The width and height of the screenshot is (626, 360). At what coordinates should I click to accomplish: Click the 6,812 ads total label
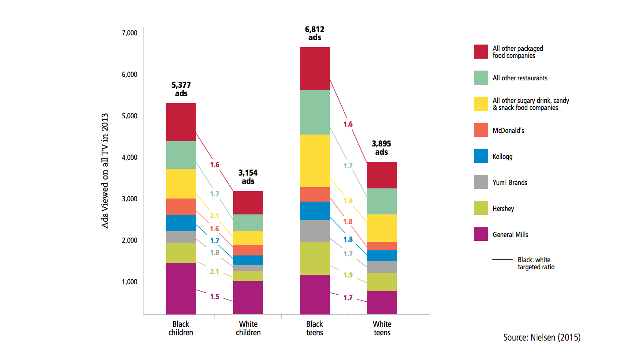(314, 34)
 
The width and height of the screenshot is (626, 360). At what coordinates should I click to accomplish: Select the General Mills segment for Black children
(181, 288)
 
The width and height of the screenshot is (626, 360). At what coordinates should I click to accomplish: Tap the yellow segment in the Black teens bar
(314, 161)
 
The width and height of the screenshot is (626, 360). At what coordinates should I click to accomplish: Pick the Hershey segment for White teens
(381, 282)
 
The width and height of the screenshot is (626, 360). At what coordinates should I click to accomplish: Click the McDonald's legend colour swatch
(481, 130)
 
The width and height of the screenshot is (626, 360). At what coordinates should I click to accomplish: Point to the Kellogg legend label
(503, 157)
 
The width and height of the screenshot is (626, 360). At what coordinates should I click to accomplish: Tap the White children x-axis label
(248, 329)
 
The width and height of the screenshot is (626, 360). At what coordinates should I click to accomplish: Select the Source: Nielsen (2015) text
(542, 337)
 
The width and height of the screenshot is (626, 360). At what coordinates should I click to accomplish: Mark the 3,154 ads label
(248, 177)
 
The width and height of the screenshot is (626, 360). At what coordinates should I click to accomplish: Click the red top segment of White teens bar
(381, 175)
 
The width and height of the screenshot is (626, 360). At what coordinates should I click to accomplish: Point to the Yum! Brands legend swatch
(481, 182)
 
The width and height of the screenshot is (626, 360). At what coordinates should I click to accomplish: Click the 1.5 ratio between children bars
(214, 296)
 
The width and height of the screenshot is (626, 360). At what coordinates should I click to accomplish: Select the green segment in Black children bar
(181, 155)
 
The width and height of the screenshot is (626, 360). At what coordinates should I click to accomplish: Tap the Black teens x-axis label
(314, 329)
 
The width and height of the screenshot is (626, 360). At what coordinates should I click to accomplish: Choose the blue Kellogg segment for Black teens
(314, 210)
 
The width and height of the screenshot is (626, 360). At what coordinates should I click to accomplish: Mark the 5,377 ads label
(181, 89)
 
